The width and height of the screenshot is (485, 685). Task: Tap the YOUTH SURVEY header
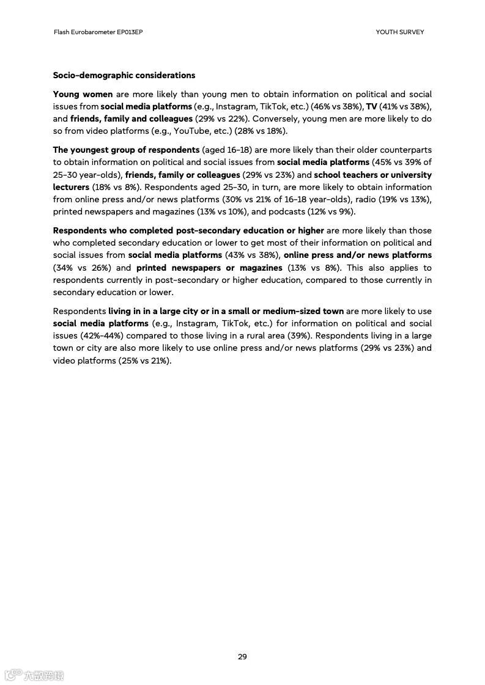[x=399, y=32]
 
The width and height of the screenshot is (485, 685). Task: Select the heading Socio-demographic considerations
[x=124, y=75]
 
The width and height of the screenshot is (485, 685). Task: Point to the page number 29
[x=242, y=657]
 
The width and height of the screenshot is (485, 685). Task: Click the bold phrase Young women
[x=83, y=94]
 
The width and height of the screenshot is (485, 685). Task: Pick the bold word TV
[x=372, y=106]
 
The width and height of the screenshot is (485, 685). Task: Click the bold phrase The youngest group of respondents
[x=126, y=150]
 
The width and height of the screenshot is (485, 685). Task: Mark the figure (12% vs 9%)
[x=336, y=211]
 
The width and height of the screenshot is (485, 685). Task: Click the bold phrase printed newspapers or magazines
[x=209, y=268]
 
